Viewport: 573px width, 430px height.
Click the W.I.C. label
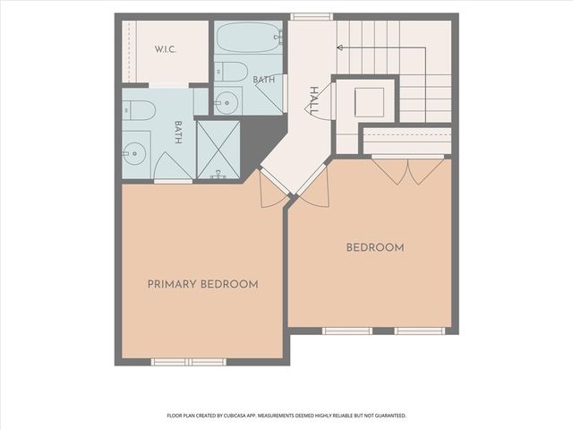pyautogui.click(x=165, y=49)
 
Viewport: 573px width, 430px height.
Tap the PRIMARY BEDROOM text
pyautogui.click(x=203, y=284)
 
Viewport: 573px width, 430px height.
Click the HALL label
pyautogui.click(x=314, y=100)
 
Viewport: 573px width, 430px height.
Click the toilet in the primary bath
pyautogui.click(x=139, y=110)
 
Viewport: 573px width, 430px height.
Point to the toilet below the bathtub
pyautogui.click(x=231, y=72)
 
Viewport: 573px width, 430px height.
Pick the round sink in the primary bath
pyautogui.click(x=134, y=153)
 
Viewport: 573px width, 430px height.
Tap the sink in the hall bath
pyautogui.click(x=227, y=103)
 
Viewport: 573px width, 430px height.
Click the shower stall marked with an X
pyautogui.click(x=218, y=150)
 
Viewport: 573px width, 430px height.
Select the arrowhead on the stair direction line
pyautogui.click(x=340, y=47)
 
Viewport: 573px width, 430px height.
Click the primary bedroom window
pyautogui.click(x=189, y=362)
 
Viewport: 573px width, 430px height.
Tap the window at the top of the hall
pyautogui.click(x=312, y=16)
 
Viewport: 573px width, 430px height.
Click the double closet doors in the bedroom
pyautogui.click(x=408, y=170)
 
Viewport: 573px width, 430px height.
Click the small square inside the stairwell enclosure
pyautogui.click(x=369, y=102)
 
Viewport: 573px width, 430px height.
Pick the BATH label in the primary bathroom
pyautogui.click(x=178, y=133)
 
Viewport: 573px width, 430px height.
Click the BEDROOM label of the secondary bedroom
pyautogui.click(x=375, y=247)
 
